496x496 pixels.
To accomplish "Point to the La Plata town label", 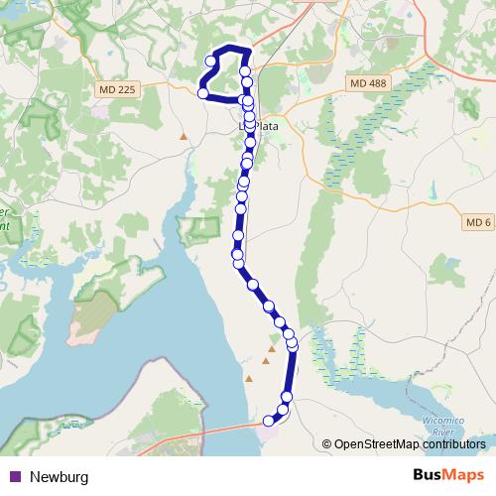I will (261, 127).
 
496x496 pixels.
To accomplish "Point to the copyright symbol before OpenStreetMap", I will (326, 443).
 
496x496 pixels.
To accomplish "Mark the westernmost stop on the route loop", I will (203, 93).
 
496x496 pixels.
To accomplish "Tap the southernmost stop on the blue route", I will (268, 422).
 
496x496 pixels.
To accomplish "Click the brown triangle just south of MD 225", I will (184, 136).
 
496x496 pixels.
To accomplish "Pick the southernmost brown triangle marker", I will (249, 378).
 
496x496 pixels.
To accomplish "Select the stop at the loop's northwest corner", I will (210, 62).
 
